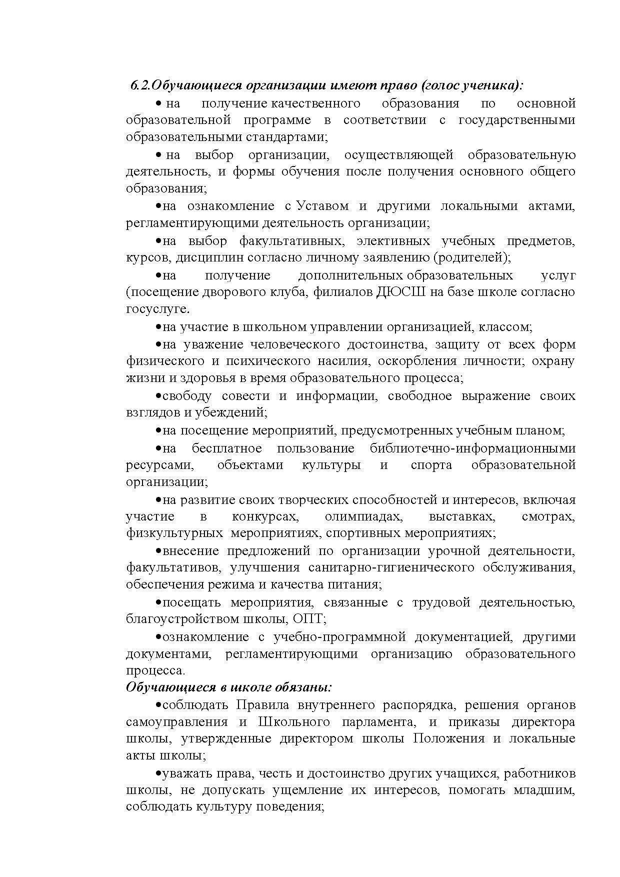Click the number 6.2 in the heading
click(x=140, y=85)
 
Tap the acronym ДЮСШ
click(x=400, y=292)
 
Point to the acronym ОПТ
click(x=308, y=619)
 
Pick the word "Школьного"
click(x=294, y=722)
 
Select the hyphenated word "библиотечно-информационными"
click(x=472, y=448)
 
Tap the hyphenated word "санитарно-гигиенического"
click(x=391, y=567)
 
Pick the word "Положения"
click(x=448, y=738)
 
